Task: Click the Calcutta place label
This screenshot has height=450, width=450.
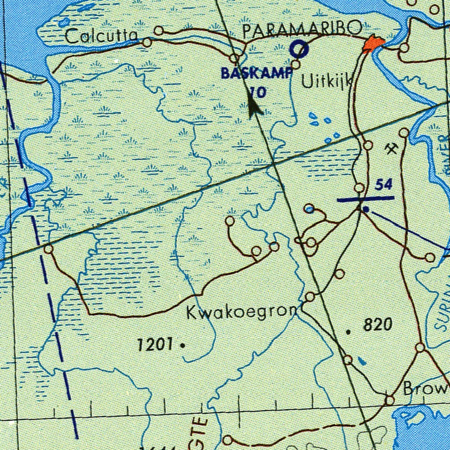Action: [x=101, y=36]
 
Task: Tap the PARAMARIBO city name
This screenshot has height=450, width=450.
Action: [x=303, y=30]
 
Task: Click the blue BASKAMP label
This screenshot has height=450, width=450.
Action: [x=256, y=73]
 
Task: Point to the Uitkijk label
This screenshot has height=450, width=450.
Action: [x=328, y=81]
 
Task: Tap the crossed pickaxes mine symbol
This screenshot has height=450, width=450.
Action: [x=391, y=149]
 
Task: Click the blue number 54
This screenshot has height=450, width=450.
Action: [x=384, y=185]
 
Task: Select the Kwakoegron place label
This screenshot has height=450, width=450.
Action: [x=242, y=313]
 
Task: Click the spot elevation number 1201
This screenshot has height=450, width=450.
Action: [x=154, y=345]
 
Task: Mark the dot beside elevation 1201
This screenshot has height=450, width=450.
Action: [x=182, y=346]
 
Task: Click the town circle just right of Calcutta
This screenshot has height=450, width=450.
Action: [x=159, y=30]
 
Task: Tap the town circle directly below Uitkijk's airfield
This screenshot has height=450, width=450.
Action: [x=295, y=65]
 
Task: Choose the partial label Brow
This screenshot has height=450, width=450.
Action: [x=425, y=389]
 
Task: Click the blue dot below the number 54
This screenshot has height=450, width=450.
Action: [x=366, y=209]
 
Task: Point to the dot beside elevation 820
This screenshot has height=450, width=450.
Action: [x=349, y=332]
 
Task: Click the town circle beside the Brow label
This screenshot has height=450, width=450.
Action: [x=389, y=400]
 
